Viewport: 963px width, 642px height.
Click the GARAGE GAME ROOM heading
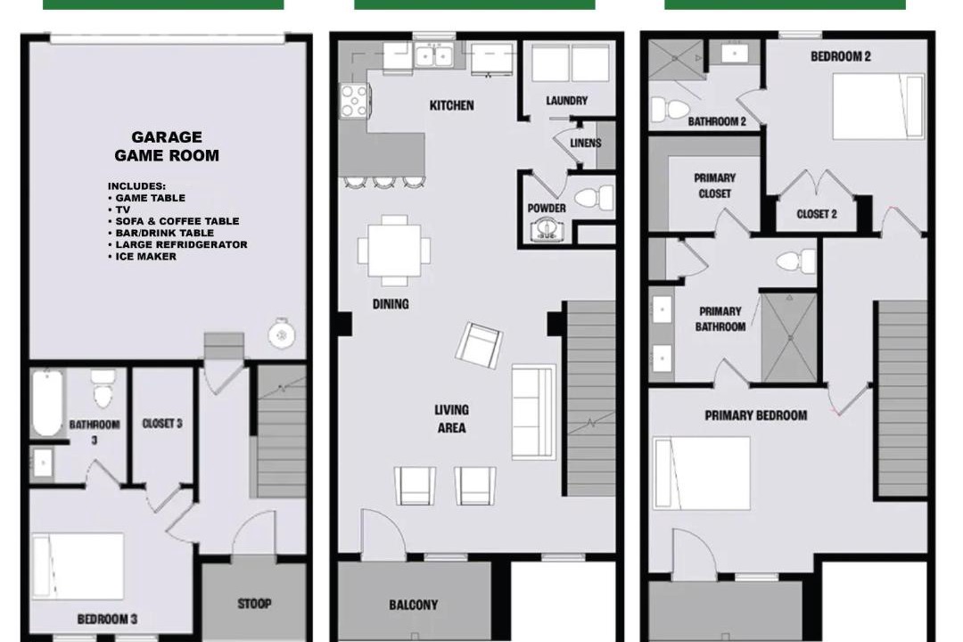tap(167, 146)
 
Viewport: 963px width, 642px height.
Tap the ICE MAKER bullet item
tap(142, 256)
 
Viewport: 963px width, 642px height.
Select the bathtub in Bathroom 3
tap(46, 403)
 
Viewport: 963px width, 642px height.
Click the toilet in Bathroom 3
tap(103, 388)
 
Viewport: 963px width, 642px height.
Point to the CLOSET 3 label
tap(162, 424)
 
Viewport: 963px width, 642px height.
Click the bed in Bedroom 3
tap(78, 565)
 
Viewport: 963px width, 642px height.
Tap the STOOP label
tap(254, 604)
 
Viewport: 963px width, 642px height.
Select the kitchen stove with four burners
tap(354, 100)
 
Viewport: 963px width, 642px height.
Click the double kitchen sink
tap(433, 55)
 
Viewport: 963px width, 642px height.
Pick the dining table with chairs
tap(394, 251)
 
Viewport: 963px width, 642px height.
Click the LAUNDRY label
tap(567, 100)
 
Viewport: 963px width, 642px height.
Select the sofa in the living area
tap(534, 412)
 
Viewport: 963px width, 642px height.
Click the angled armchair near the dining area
tap(479, 345)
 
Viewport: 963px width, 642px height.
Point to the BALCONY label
tap(414, 605)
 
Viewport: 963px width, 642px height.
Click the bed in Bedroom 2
tap(878, 107)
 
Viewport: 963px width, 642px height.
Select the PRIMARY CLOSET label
tap(715, 185)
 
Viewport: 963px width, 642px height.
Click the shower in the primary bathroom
tap(789, 337)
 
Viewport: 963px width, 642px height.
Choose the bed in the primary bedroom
tap(702, 473)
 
